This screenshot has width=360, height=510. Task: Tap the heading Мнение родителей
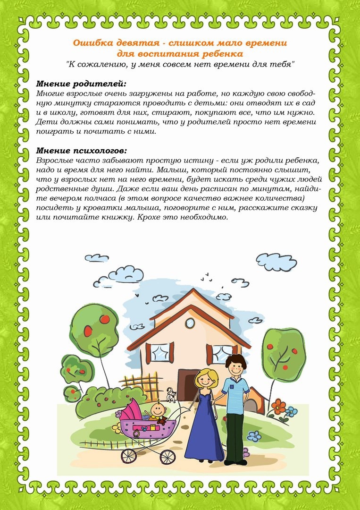click(81, 84)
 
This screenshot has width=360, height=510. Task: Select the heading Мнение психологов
click(82, 151)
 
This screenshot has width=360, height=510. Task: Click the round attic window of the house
click(190, 323)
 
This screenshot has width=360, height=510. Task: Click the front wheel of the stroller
click(167, 456)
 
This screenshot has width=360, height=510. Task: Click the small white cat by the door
click(173, 395)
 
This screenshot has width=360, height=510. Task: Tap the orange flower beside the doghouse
click(278, 405)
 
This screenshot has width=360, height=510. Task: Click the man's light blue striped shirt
click(236, 392)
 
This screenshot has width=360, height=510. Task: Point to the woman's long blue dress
click(204, 425)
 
